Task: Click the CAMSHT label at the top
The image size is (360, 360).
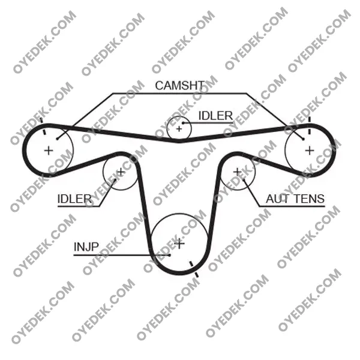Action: [180, 85]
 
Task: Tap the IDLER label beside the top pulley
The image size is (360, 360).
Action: [215, 116]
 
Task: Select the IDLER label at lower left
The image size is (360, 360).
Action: [74, 199]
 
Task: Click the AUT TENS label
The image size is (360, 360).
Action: [295, 199]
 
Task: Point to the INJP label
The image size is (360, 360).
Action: [86, 247]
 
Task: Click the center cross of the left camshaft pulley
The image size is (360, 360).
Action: [49, 151]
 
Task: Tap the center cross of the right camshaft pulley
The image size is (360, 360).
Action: [310, 151]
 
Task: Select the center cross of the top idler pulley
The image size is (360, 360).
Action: [179, 129]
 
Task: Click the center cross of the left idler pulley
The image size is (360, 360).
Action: [121, 172]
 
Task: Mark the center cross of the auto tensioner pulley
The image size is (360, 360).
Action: [237, 172]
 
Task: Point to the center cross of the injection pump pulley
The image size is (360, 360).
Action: [179, 244]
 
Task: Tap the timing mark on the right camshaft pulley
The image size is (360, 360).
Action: [310, 125]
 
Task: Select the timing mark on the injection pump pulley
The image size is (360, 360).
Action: [194, 269]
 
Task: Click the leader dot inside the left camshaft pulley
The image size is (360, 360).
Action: [57, 139]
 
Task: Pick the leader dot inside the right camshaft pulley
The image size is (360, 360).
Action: [303, 139]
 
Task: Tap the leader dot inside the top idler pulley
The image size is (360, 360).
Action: [183, 123]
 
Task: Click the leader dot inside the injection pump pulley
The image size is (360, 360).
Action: [169, 255]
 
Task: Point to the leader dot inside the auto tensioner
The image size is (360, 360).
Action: [244, 180]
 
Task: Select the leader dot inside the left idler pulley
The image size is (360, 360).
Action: [115, 180]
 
